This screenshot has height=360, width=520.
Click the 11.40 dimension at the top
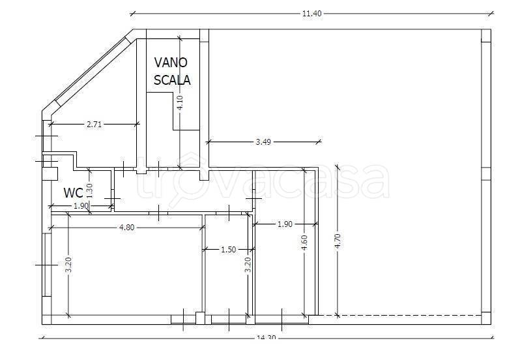click(311, 14)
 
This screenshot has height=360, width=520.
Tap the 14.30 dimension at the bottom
click(267, 337)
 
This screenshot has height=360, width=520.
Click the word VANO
click(171, 63)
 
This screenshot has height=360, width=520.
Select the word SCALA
click(172, 80)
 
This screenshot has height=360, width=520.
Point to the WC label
click(73, 192)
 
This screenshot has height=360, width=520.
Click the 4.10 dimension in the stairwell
click(180, 103)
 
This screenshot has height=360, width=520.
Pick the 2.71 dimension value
click(94, 125)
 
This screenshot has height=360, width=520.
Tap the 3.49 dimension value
click(263, 142)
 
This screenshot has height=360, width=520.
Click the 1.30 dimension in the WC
click(89, 191)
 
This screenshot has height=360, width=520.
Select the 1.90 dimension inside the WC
click(81, 206)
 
